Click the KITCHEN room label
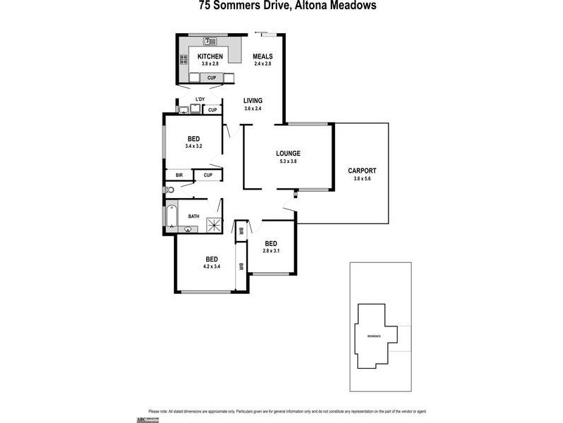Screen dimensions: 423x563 (210, 56)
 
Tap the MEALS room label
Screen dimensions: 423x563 (263, 56)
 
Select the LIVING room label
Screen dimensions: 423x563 (253, 101)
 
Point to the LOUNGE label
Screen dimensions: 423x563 (289, 153)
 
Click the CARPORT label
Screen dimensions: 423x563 (362, 171)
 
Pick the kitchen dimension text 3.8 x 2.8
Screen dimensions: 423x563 (210, 64)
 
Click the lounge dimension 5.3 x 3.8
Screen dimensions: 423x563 (289, 161)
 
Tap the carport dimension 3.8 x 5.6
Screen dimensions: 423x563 (362, 178)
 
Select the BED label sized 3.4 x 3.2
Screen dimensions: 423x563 (194, 138)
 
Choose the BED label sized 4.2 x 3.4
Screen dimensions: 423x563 (212, 259)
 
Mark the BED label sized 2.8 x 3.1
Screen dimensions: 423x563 (271, 243)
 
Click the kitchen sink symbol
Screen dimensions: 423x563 (208, 41)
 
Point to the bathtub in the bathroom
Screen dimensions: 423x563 (171, 216)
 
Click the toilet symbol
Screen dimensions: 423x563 (169, 190)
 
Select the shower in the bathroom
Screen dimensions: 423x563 (214, 225)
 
